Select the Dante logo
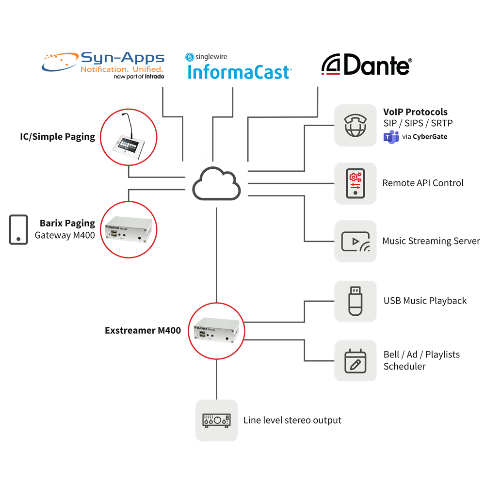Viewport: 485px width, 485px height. pyautogui.click(x=367, y=65)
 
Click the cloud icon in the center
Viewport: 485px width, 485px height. pyautogui.click(x=216, y=183)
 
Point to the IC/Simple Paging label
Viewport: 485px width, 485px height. pyautogui.click(x=58, y=136)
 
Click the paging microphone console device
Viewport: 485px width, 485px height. pyautogui.click(x=129, y=137)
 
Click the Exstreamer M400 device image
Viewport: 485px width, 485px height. pyautogui.click(x=217, y=331)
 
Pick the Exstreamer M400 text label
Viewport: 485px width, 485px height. pyautogui.click(x=143, y=331)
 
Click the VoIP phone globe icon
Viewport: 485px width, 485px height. pyautogui.click(x=356, y=125)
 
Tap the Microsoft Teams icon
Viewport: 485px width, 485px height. pyautogui.click(x=391, y=137)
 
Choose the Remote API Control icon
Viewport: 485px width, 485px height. pyautogui.click(x=356, y=183)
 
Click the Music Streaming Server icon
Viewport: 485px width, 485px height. pyautogui.click(x=356, y=242)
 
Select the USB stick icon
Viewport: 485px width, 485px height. pyautogui.click(x=356, y=301)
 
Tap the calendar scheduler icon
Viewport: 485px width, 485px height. pyautogui.click(x=356, y=360)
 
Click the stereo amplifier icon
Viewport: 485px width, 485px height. pyautogui.click(x=216, y=420)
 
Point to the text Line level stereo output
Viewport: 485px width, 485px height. pyautogui.click(x=292, y=420)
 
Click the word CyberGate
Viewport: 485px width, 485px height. pyautogui.click(x=430, y=137)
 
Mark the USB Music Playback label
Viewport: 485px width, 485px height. pyautogui.click(x=425, y=301)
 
